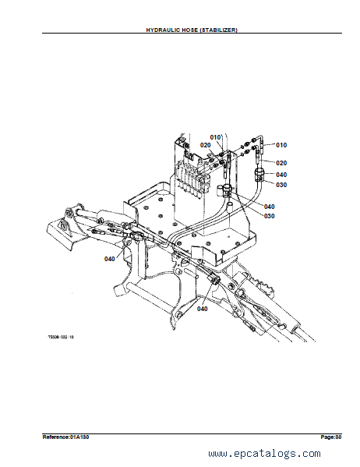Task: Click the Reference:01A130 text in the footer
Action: pos(65,437)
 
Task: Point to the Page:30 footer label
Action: pos(331,437)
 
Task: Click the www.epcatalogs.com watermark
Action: pos(264,453)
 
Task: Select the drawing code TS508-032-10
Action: pos(61,337)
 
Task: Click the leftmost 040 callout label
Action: pos(110,259)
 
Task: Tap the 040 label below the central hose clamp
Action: pos(202,309)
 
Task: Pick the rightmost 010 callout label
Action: pos(281,145)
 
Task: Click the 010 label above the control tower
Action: pos(215,137)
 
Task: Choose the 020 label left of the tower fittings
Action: pos(205,145)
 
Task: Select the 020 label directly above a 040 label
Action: pos(281,163)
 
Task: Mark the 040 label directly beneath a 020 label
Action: pos(281,175)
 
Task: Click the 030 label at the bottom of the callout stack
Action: pos(269,216)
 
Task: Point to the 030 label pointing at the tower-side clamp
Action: pos(281,185)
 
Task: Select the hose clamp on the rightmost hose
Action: pos(259,175)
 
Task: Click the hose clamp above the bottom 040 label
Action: pos(214,279)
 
